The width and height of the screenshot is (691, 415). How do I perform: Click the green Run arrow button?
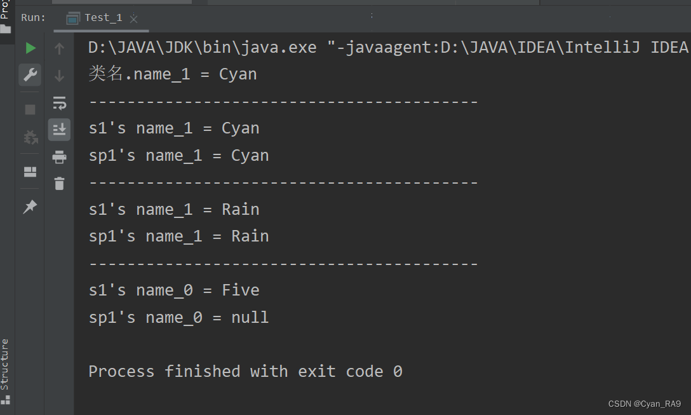tap(30, 48)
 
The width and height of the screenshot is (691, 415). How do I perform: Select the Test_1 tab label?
tap(103, 18)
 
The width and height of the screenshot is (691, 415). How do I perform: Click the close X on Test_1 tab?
tap(133, 19)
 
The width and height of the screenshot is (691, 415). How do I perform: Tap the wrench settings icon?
tap(30, 75)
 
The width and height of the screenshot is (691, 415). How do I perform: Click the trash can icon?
tap(59, 184)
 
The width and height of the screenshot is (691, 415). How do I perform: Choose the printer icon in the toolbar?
tap(59, 157)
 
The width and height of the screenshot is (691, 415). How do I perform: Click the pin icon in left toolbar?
tap(30, 207)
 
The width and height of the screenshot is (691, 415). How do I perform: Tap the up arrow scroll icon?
tap(59, 48)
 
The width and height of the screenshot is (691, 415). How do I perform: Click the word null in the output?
tap(250, 317)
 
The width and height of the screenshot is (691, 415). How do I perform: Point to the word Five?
tap(240, 290)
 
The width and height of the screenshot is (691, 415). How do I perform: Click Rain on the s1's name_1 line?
tap(240, 209)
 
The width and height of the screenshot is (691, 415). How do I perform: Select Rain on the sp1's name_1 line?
tap(250, 236)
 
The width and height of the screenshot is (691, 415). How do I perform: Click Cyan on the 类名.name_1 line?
tap(238, 74)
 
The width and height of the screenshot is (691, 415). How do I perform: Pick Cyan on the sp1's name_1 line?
tap(250, 156)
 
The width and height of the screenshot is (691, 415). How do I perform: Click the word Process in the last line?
tap(121, 371)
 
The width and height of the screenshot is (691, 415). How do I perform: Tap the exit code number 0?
tap(398, 371)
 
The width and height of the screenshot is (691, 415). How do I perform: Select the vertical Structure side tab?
tap(5, 364)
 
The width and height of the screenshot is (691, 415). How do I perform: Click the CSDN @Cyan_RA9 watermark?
tap(644, 404)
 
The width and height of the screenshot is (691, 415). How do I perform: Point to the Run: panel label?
tap(33, 18)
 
